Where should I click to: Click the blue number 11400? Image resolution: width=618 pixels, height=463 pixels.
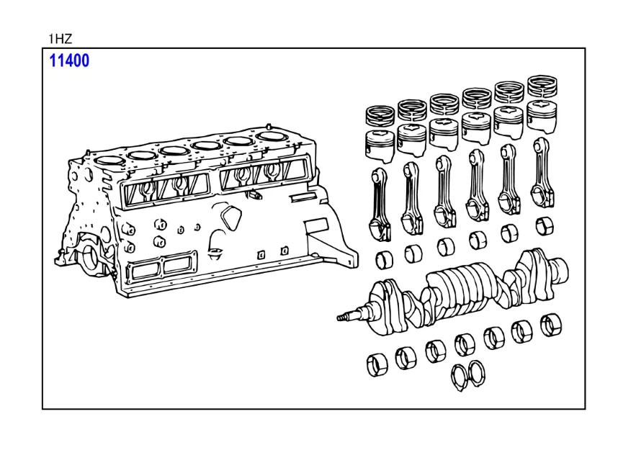tap(69, 60)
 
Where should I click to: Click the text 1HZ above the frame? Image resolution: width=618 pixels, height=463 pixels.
tap(60, 39)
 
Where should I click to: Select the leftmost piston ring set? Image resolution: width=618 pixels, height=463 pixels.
tap(380, 115)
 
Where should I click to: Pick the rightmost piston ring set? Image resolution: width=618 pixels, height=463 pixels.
tap(542, 86)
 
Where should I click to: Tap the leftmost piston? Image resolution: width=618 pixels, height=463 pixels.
tap(380, 145)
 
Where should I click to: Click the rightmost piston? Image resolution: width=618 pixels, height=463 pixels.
tap(542, 117)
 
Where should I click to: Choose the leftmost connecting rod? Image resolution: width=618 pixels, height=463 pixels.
tap(380, 204)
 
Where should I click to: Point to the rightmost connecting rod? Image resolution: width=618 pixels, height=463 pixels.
tap(542, 173)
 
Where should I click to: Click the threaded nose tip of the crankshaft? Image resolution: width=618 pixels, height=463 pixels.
tap(340, 317)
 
